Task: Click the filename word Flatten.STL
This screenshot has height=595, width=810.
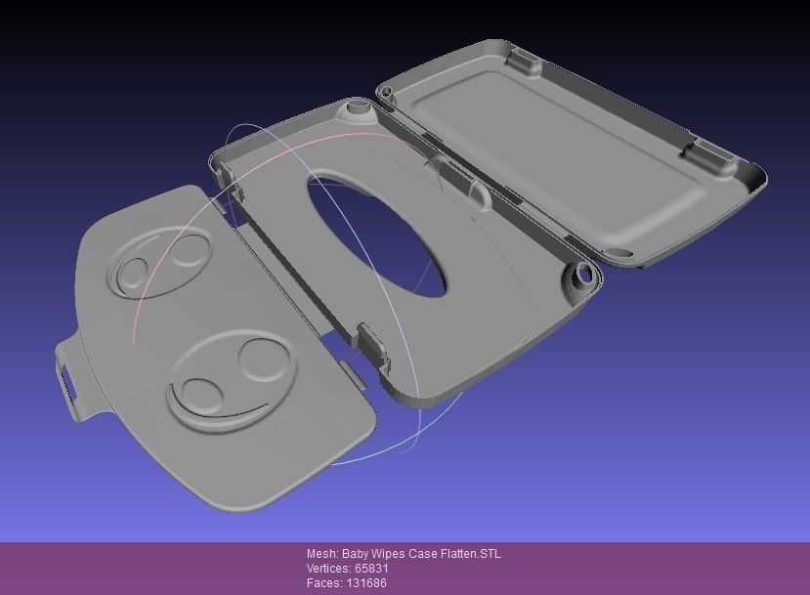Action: [468, 554]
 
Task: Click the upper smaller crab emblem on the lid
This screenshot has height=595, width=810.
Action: [161, 259]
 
